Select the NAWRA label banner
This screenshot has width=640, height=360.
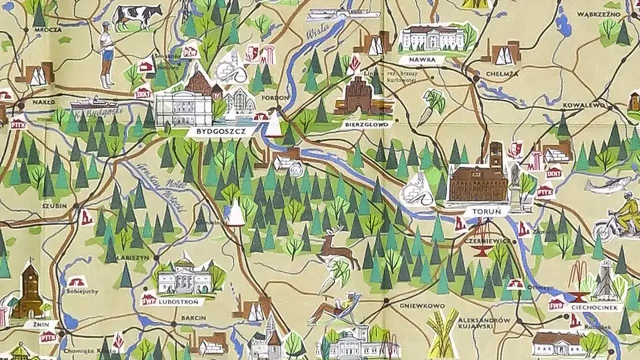421,60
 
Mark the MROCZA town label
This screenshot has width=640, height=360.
48,29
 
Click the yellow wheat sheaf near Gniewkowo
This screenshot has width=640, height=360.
443,332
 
